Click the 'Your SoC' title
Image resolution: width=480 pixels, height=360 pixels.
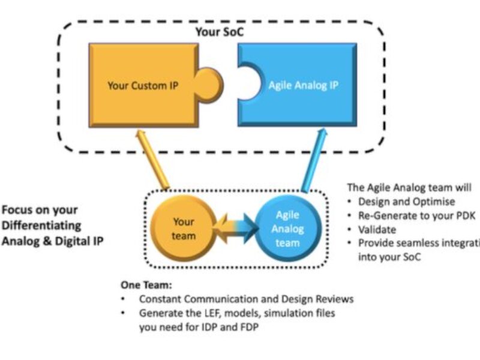point(217,32)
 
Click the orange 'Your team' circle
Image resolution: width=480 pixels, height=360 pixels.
point(184,229)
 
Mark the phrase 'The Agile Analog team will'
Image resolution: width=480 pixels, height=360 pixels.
point(409,188)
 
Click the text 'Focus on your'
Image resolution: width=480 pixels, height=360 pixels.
point(40,211)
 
